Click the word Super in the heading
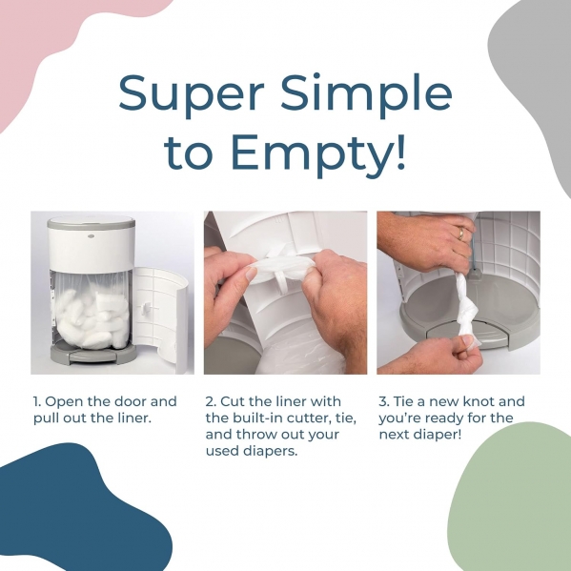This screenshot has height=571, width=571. tap(191, 95)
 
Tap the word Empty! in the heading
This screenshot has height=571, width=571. tap(317, 152)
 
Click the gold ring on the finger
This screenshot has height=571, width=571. tap(461, 233)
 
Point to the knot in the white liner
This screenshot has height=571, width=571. tap(464, 314)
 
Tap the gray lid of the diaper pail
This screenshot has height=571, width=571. tap(92, 222)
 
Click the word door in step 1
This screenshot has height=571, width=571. tap(131, 401)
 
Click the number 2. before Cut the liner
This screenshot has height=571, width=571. tap(212, 401)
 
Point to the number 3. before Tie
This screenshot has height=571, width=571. tap(384, 401)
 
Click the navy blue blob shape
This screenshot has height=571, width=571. tap(72, 514)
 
